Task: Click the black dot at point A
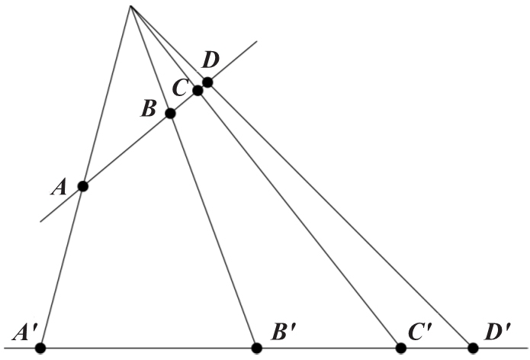tap(82, 185)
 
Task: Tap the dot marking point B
tap(170, 113)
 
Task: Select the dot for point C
tap(198, 90)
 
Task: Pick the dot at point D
tap(207, 82)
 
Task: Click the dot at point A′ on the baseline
tap(40, 348)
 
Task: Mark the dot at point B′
tap(257, 348)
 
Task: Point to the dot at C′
tap(400, 348)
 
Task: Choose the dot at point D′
tap(473, 348)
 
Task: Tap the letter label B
tap(149, 108)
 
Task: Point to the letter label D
tap(210, 60)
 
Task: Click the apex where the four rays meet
tap(130, 6)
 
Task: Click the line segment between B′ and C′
tap(329, 348)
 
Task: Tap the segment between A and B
tap(126, 149)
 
